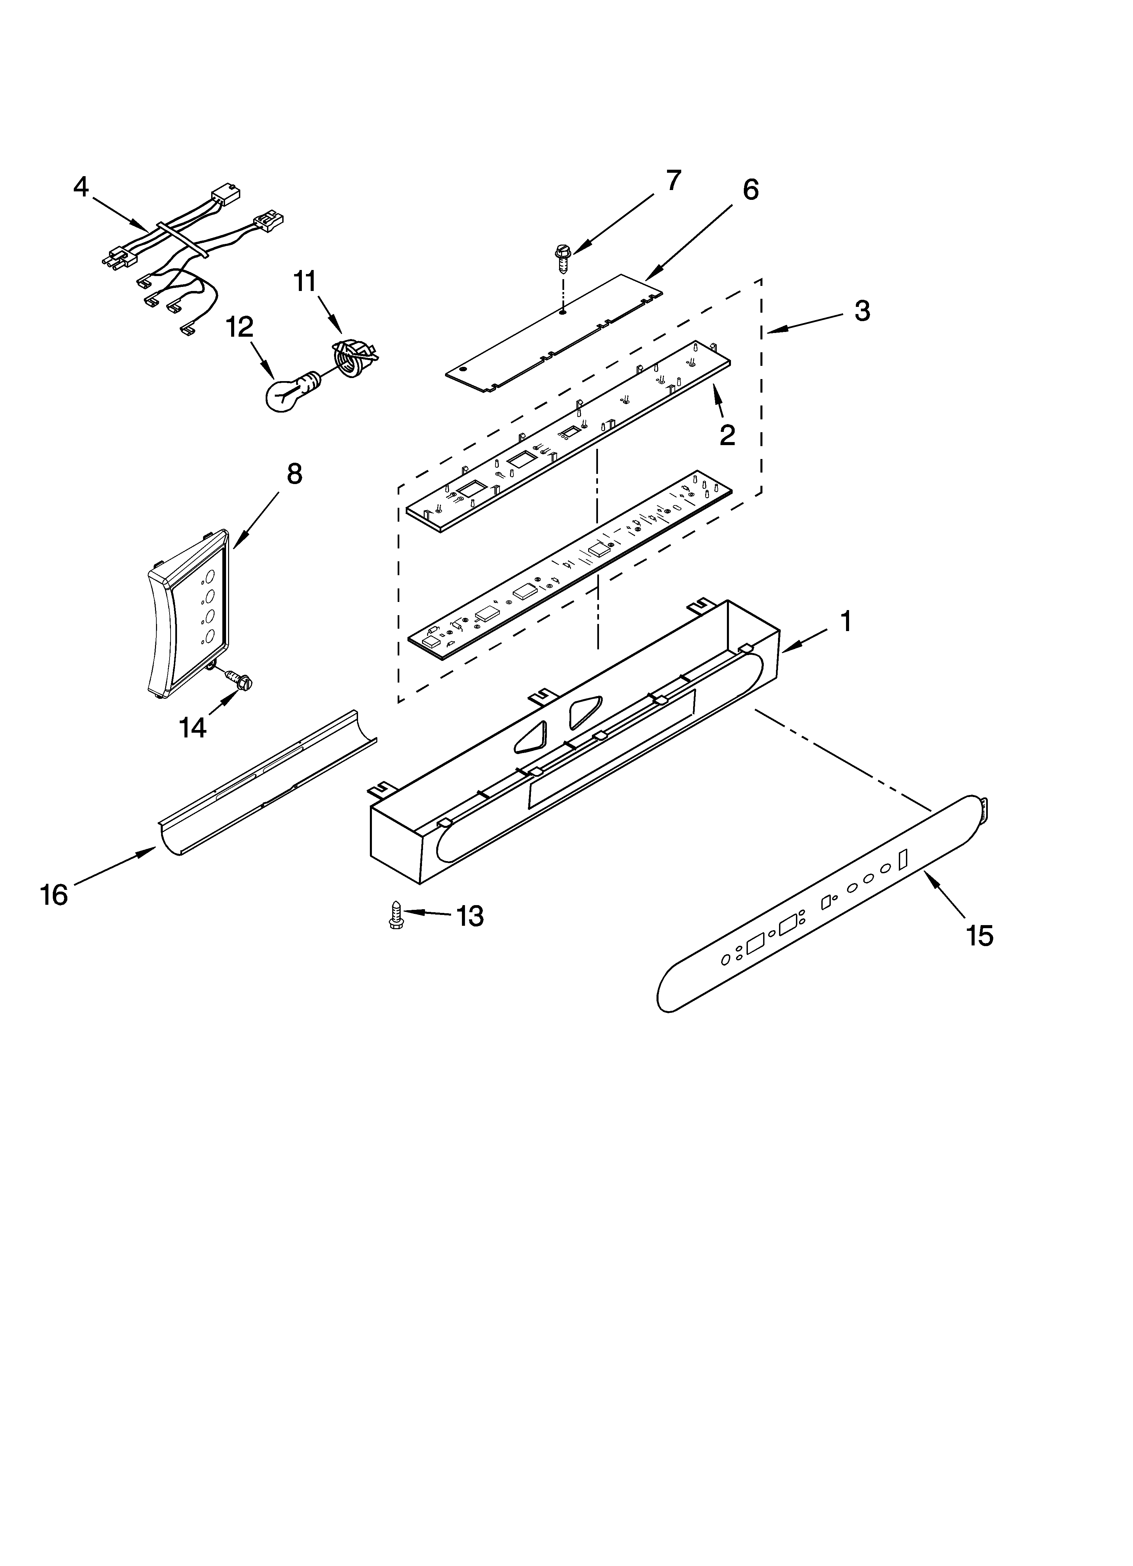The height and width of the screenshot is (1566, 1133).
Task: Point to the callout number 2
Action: (x=727, y=435)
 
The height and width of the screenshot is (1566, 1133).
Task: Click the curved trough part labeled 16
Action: (x=266, y=784)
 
